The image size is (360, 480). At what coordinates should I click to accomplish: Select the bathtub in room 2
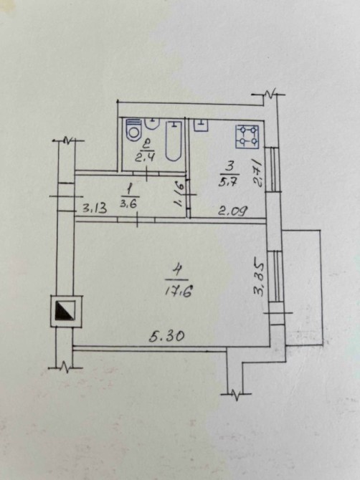[174, 140]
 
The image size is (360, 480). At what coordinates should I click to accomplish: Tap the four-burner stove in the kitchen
[247, 137]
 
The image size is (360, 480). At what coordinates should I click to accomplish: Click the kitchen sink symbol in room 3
[201, 125]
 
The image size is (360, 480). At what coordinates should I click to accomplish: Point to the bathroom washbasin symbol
[152, 123]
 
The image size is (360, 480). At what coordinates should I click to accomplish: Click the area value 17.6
[179, 292]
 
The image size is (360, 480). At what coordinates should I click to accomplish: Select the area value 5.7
[228, 183]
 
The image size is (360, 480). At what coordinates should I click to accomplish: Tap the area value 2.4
[146, 158]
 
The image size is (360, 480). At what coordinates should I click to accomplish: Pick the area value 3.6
[128, 204]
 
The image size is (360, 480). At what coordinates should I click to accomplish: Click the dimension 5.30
[167, 337]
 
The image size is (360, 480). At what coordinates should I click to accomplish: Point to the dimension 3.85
[259, 278]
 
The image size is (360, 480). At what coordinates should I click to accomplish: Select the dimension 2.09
[233, 211]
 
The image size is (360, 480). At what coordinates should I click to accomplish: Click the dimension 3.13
[95, 208]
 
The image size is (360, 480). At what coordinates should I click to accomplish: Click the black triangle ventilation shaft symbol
[65, 310]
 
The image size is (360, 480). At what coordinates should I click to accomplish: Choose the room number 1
[129, 189]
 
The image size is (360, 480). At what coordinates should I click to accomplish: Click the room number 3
[229, 167]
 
